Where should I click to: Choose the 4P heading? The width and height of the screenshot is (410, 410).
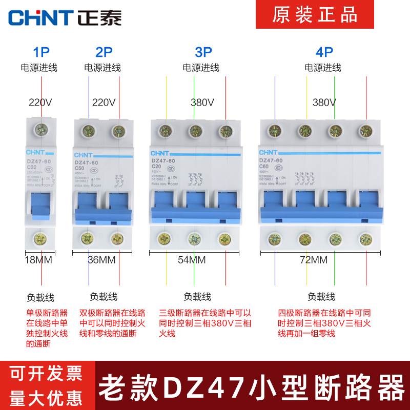[x=324, y=52]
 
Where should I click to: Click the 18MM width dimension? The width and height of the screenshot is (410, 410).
[x=39, y=260]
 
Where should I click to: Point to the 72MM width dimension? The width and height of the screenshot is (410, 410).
[x=314, y=260]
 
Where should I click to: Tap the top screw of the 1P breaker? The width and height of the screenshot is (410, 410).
[x=40, y=129]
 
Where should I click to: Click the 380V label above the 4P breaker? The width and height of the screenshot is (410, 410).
[x=324, y=102]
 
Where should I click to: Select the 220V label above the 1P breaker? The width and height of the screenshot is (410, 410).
[x=40, y=102]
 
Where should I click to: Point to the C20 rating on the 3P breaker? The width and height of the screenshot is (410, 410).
[x=156, y=167]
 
